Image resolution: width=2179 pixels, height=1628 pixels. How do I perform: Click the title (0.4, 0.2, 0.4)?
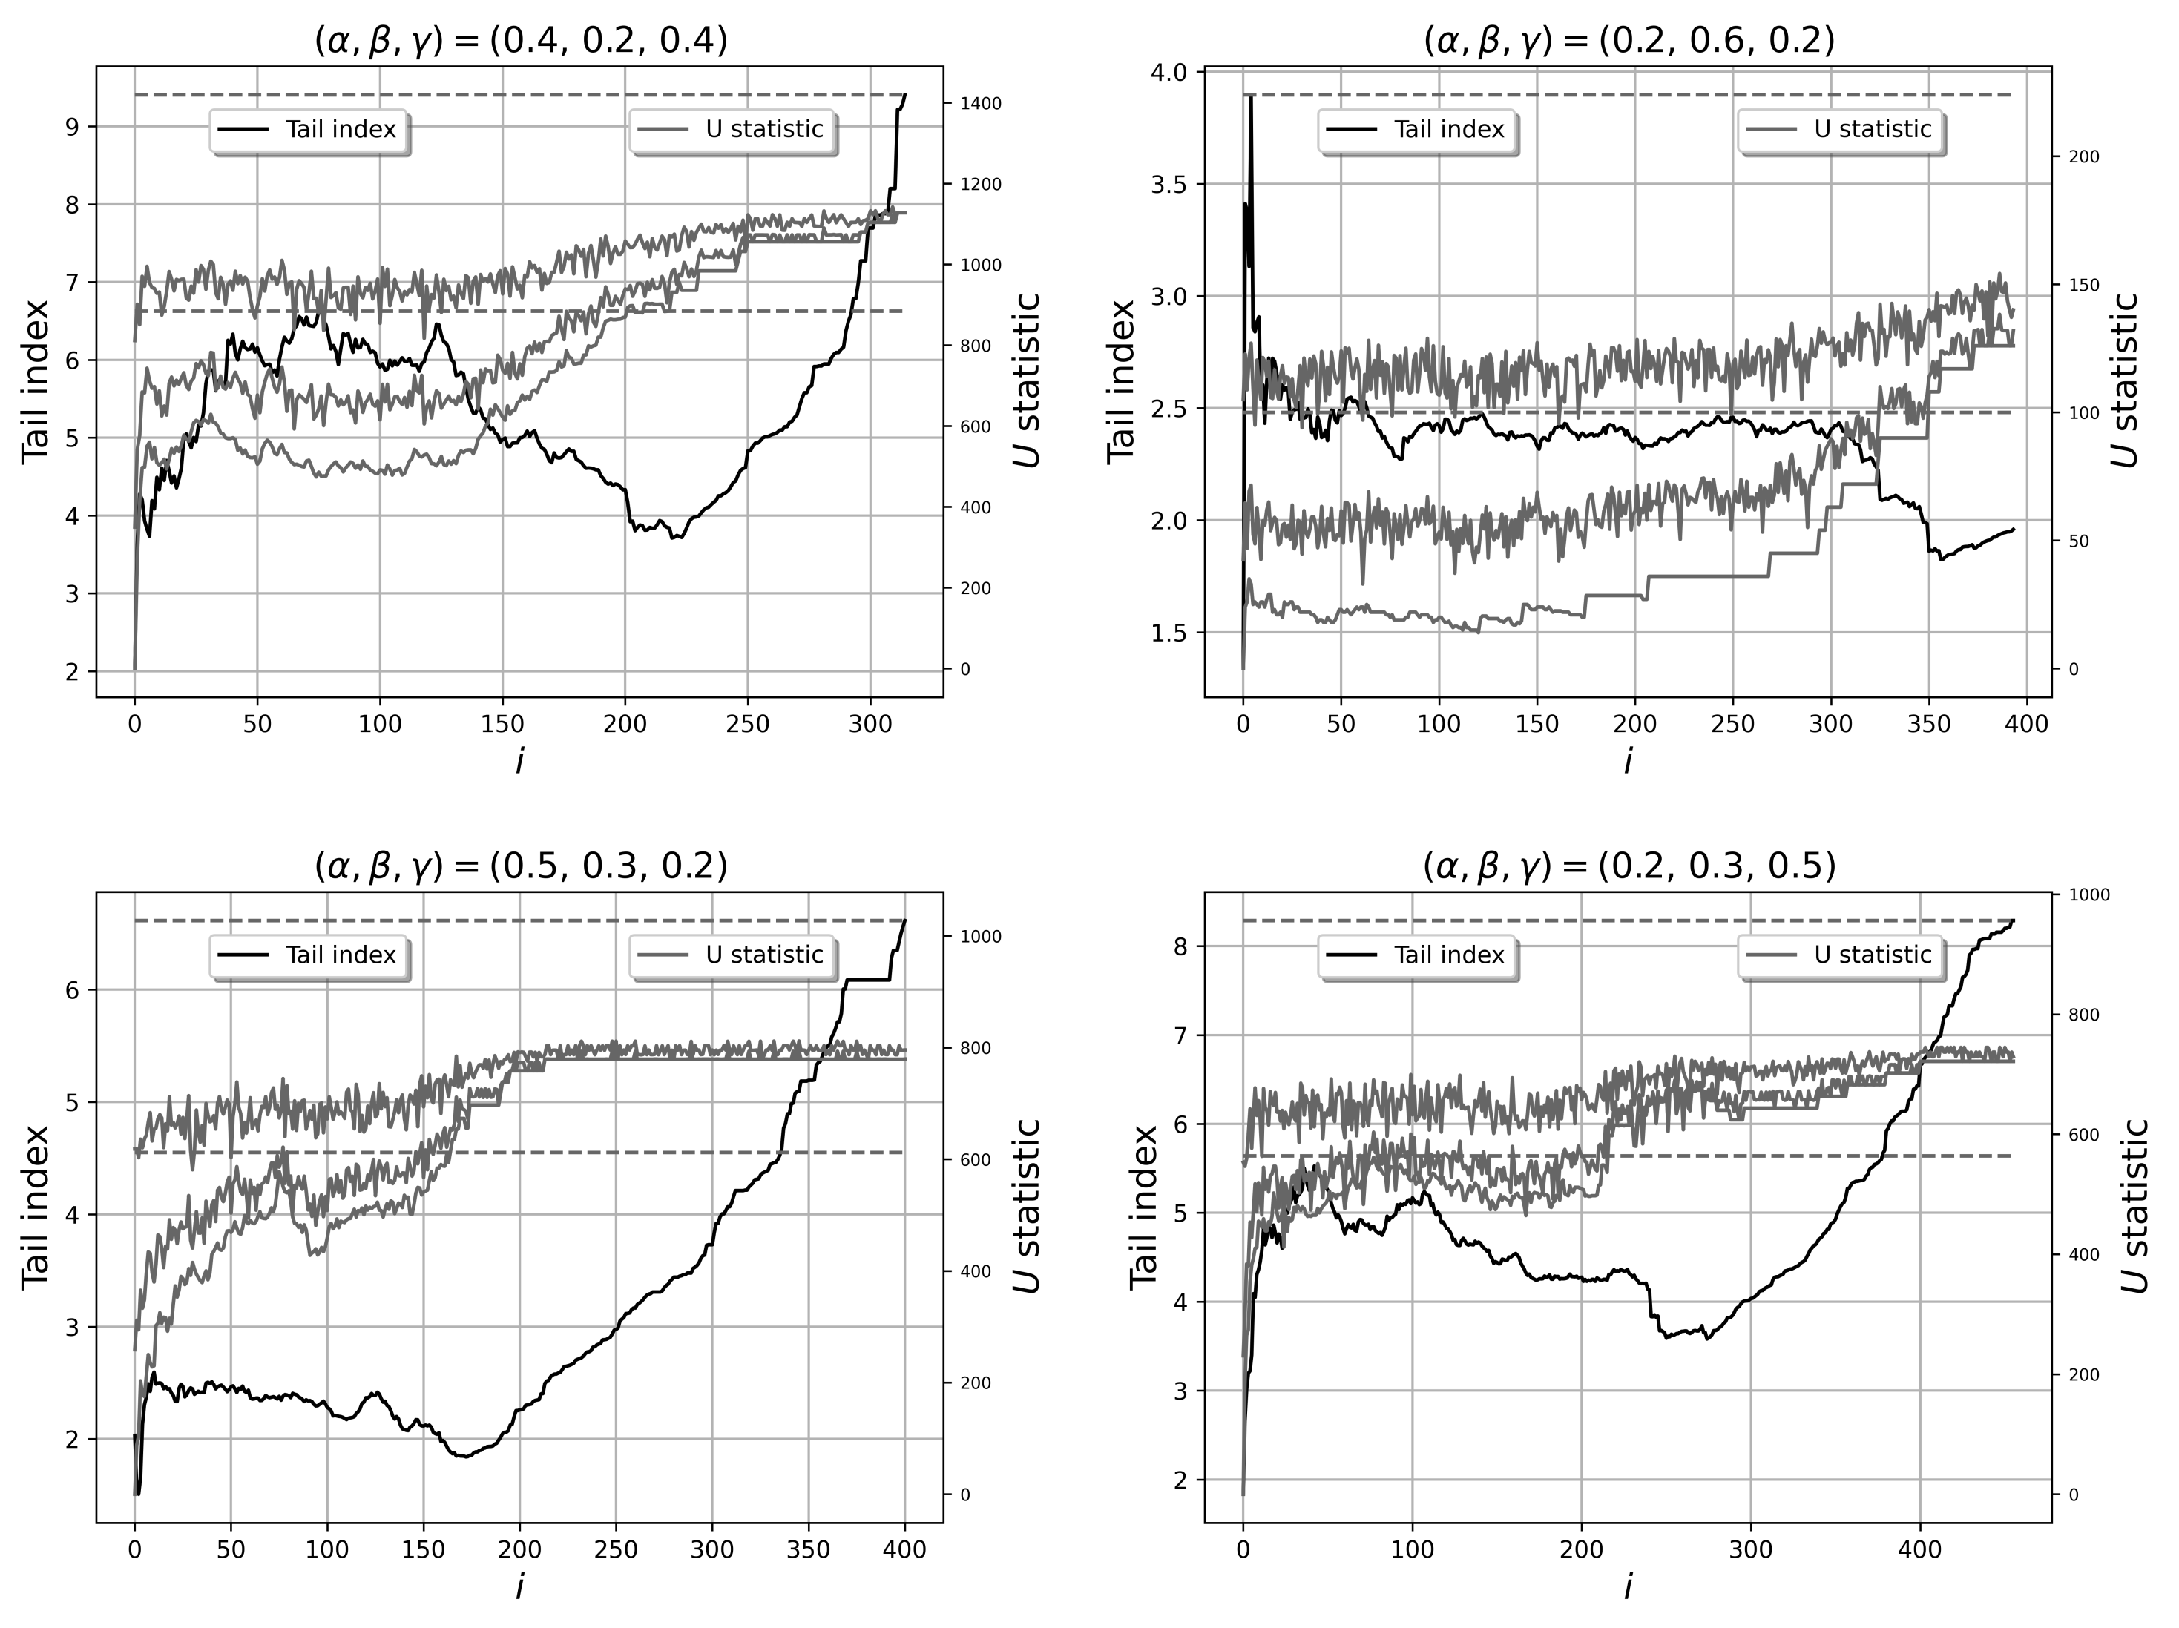click(520, 42)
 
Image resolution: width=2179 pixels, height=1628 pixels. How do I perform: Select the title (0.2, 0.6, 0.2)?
click(1629, 42)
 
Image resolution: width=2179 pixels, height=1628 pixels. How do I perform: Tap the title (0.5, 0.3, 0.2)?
click(520, 867)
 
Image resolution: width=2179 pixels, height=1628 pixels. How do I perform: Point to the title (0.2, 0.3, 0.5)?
click(1629, 867)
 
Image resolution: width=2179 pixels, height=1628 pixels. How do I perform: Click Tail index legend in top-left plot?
click(309, 130)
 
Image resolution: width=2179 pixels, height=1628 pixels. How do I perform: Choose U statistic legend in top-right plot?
click(1839, 130)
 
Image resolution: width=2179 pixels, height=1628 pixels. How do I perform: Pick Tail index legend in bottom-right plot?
click(1418, 955)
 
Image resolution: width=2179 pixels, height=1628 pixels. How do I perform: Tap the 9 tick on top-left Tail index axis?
click(73, 126)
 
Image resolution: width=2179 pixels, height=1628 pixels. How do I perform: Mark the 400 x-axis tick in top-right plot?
click(2028, 725)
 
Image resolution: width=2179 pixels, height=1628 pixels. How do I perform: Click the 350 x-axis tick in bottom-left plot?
click(809, 1550)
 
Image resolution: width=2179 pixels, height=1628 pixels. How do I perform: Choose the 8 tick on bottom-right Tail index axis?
click(1181, 946)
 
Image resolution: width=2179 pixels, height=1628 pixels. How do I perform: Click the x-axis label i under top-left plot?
click(519, 761)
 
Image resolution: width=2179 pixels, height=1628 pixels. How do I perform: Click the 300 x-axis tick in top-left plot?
click(870, 725)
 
